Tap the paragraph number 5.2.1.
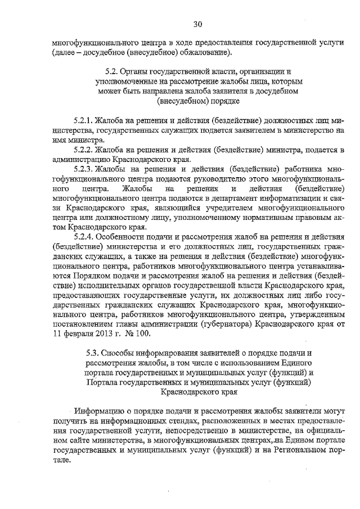pyautogui.click(x=83, y=120)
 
